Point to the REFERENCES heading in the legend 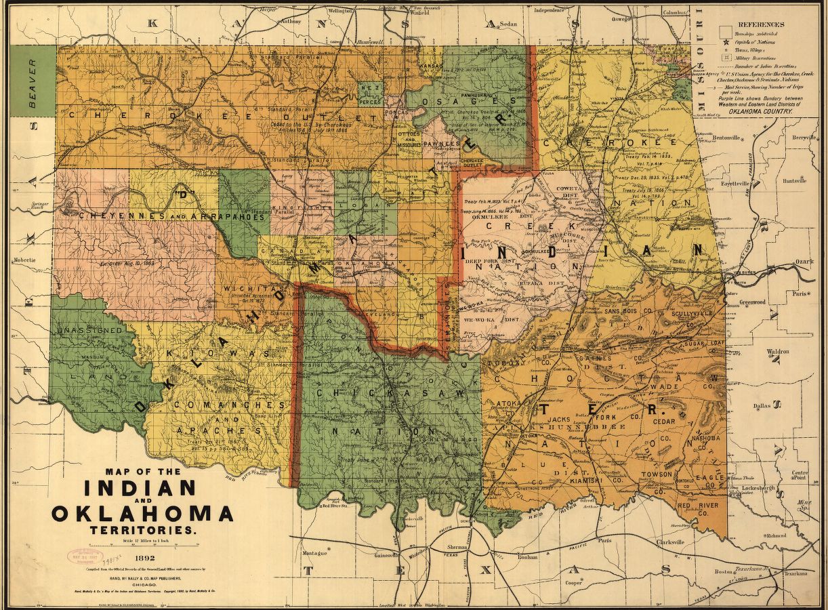(761, 25)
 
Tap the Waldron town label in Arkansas (777, 352)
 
